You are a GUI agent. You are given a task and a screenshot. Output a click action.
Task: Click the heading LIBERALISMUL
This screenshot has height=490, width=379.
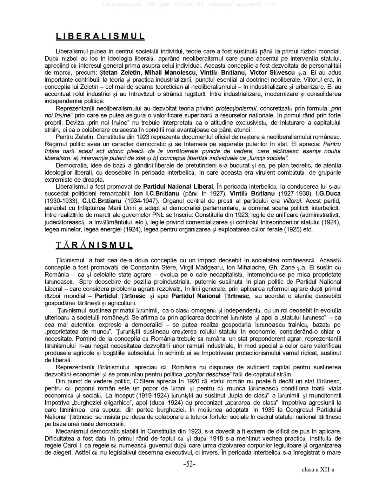[x=100, y=36]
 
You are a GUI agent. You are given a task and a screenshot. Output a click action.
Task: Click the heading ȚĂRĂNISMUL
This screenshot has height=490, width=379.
[x=94, y=245]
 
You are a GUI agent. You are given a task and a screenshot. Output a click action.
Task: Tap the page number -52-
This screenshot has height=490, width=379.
[x=189, y=464]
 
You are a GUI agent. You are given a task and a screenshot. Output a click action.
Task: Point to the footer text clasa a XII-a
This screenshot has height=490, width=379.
[x=318, y=470]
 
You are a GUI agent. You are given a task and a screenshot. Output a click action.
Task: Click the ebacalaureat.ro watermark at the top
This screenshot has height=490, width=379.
[x=189, y=4]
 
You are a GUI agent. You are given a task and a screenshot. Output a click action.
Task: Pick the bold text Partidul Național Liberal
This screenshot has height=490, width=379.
[x=178, y=187]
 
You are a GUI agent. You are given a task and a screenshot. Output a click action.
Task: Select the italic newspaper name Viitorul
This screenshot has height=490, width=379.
[x=292, y=201]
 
